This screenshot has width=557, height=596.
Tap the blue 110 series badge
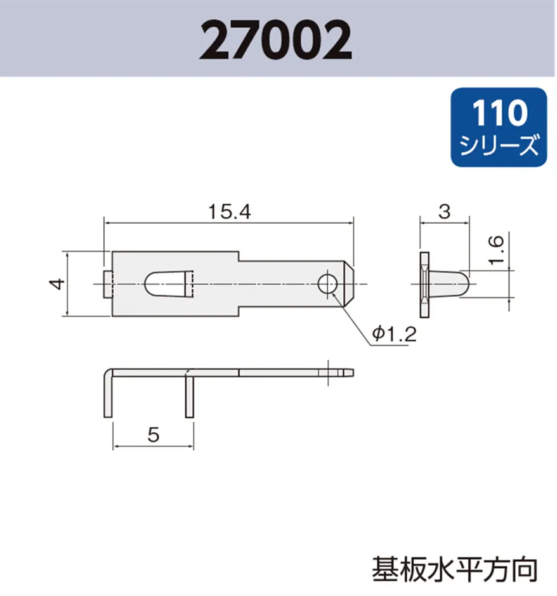click(498, 127)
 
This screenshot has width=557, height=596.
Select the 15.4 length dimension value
click(230, 212)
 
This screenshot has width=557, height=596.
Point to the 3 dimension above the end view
click(445, 212)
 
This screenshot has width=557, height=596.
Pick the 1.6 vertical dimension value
click(497, 250)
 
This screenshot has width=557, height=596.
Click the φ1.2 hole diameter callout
click(394, 334)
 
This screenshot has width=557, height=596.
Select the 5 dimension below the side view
click(152, 435)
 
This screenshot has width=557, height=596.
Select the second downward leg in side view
click(189, 397)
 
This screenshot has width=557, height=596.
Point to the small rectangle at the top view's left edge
click(107, 284)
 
